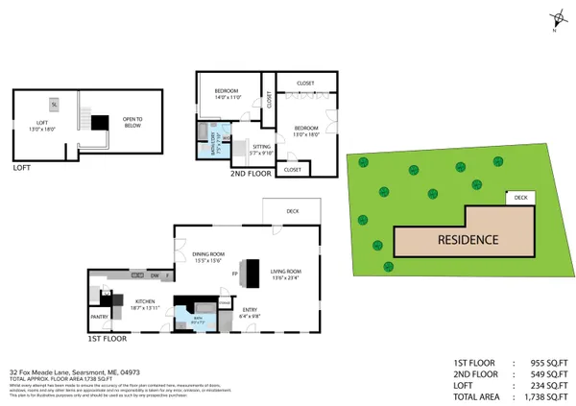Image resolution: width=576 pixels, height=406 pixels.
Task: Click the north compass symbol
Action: click(x=556, y=18)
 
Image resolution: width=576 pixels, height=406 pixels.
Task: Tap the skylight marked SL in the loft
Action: click(x=54, y=103)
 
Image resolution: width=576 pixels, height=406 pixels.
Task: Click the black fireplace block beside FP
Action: click(x=253, y=274)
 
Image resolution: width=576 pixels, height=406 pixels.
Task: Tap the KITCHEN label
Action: click(x=146, y=303)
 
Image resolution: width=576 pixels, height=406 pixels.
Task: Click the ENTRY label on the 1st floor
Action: click(x=248, y=311)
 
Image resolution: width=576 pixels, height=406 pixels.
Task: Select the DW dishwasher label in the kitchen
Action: click(x=153, y=276)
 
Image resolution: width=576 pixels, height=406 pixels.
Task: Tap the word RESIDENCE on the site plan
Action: click(x=468, y=239)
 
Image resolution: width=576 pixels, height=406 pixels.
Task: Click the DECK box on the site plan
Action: click(x=520, y=198)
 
